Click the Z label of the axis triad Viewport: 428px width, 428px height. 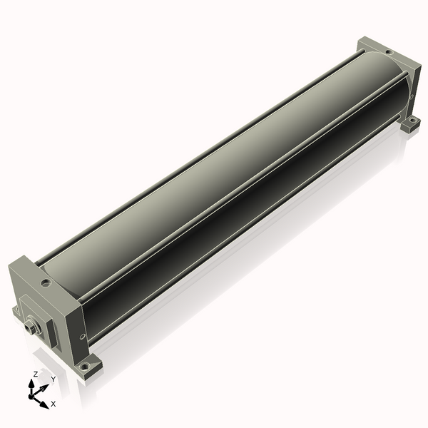(x=35, y=374)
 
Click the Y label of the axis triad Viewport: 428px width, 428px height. (x=53, y=379)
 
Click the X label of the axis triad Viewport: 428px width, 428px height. (x=53, y=404)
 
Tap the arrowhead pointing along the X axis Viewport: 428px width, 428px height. (x=44, y=404)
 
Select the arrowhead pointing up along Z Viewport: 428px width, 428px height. (x=31, y=384)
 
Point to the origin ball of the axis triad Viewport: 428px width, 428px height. (x=31, y=396)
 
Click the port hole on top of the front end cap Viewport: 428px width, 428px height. (x=46, y=282)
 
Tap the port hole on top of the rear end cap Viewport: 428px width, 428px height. (x=389, y=52)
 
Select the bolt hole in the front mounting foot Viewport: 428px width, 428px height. (x=86, y=365)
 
